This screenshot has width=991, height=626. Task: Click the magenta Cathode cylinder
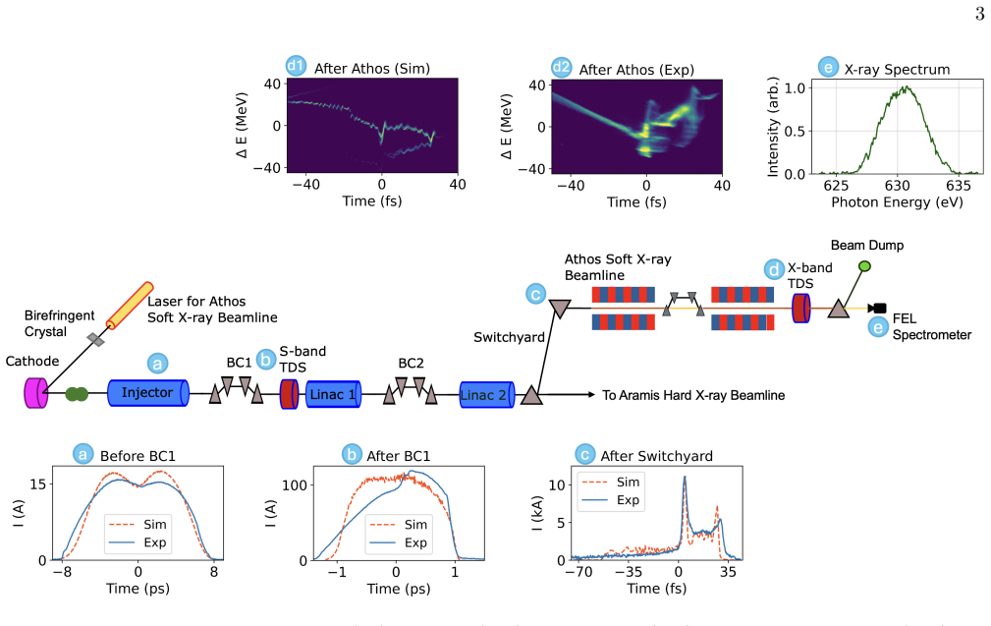(x=35, y=393)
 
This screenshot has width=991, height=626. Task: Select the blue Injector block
(x=148, y=393)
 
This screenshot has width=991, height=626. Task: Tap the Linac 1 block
(x=333, y=394)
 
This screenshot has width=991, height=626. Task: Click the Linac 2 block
(x=486, y=395)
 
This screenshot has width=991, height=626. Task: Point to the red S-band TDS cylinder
(x=289, y=394)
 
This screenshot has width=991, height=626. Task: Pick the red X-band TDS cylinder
(x=801, y=308)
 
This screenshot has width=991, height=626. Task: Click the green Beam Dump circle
(x=864, y=266)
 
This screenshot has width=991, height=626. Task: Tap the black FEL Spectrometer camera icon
(x=877, y=309)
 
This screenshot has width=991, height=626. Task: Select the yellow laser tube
(x=130, y=306)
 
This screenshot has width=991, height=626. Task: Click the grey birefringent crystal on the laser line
(x=96, y=340)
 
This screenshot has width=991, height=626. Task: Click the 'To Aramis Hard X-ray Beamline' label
(x=693, y=395)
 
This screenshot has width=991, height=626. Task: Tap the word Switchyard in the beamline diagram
(x=509, y=338)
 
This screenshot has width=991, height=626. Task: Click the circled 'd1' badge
(x=296, y=66)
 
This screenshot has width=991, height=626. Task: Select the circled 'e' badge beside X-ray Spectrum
(x=828, y=67)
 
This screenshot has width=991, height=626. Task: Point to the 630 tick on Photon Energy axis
(x=897, y=186)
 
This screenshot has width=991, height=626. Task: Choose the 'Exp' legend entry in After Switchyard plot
(x=611, y=500)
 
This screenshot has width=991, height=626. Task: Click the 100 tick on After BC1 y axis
(x=294, y=485)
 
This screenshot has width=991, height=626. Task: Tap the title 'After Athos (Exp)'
(x=636, y=70)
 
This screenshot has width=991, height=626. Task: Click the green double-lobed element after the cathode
(x=77, y=395)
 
